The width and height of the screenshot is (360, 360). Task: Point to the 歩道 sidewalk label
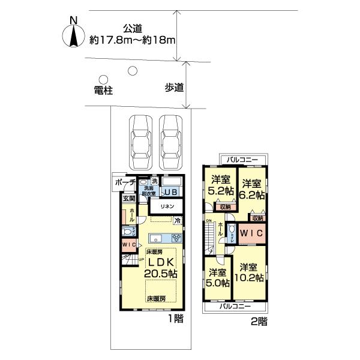[174, 88]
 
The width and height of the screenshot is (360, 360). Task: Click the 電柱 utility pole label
[103, 91]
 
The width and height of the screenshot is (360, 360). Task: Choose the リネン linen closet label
[166, 206]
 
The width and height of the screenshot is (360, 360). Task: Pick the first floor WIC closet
[129, 245]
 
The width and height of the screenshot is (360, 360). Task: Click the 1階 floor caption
[175, 319]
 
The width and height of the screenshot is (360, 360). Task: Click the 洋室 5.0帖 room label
[218, 278]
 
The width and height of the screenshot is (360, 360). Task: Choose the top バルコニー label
[243, 160]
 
